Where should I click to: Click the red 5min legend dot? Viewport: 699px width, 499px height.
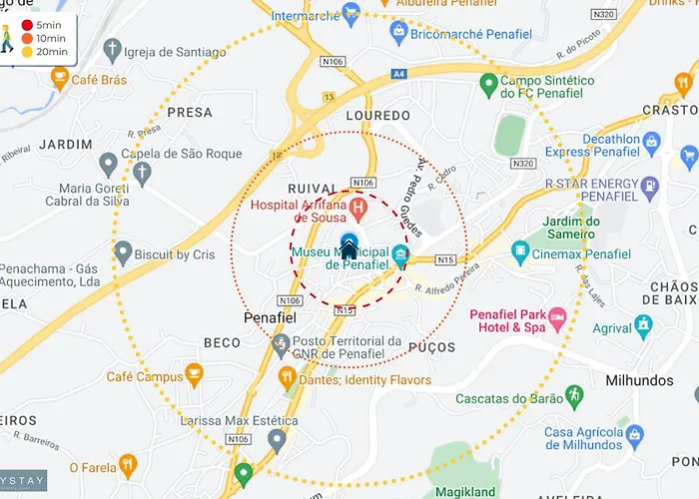(27, 24)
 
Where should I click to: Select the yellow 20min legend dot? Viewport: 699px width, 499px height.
(27, 51)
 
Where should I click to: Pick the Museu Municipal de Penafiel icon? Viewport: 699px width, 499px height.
(400, 255)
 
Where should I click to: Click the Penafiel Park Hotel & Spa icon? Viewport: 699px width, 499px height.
(557, 319)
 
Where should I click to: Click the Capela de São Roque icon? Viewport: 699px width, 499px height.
(109, 161)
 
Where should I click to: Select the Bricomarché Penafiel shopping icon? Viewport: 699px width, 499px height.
(398, 32)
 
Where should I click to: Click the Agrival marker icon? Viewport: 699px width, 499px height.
(643, 325)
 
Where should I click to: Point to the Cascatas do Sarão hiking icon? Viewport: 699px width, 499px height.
(572, 396)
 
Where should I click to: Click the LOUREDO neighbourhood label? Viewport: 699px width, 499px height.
(377, 116)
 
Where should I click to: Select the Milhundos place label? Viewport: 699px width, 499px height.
(639, 380)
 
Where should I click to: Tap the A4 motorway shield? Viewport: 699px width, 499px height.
(400, 73)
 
